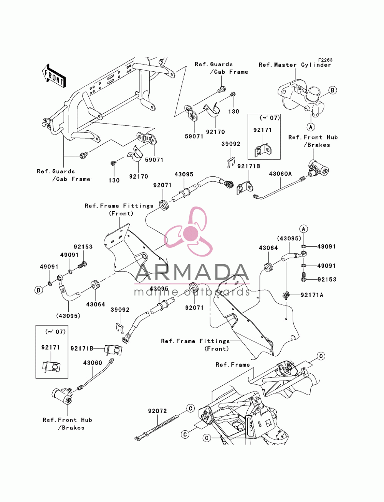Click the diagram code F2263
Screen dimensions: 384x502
click(325, 60)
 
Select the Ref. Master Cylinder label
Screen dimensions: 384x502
click(295, 65)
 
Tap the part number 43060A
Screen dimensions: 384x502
click(280, 174)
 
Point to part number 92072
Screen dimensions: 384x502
click(157, 411)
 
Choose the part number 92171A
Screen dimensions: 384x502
click(312, 295)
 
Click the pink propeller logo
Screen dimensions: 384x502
click(188, 232)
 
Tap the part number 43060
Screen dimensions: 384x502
click(93, 363)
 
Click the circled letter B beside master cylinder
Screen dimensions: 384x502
click(333, 90)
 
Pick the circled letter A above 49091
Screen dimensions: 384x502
click(304, 229)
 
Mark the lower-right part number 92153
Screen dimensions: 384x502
click(326, 280)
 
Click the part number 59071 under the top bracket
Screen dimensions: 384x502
click(194, 137)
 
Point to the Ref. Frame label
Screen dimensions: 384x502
click(233, 365)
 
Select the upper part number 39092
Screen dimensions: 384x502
click(231, 144)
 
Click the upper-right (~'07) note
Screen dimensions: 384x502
click(269, 118)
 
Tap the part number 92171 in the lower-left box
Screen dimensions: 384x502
click(51, 347)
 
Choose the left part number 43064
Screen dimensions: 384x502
click(96, 304)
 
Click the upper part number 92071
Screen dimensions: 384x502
click(162, 185)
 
